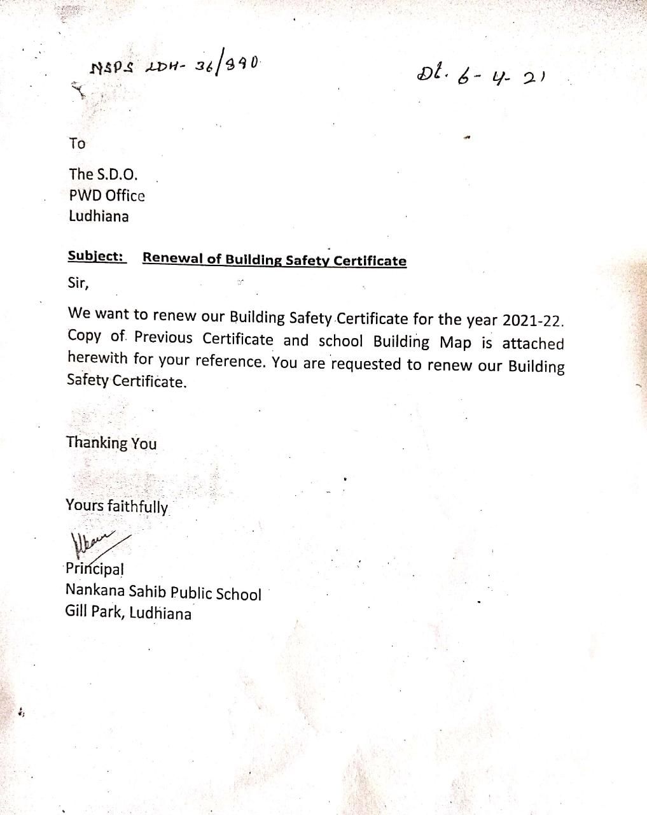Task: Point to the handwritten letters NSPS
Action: click(x=112, y=67)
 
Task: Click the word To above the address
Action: click(x=77, y=144)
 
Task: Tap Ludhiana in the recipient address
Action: click(x=99, y=216)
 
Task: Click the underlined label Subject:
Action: click(x=96, y=257)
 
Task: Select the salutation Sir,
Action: click(x=78, y=283)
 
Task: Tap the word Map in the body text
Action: click(x=456, y=343)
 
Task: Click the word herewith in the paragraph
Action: click(x=97, y=358)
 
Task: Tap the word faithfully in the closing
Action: click(x=137, y=507)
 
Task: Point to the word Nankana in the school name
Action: click(x=94, y=591)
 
